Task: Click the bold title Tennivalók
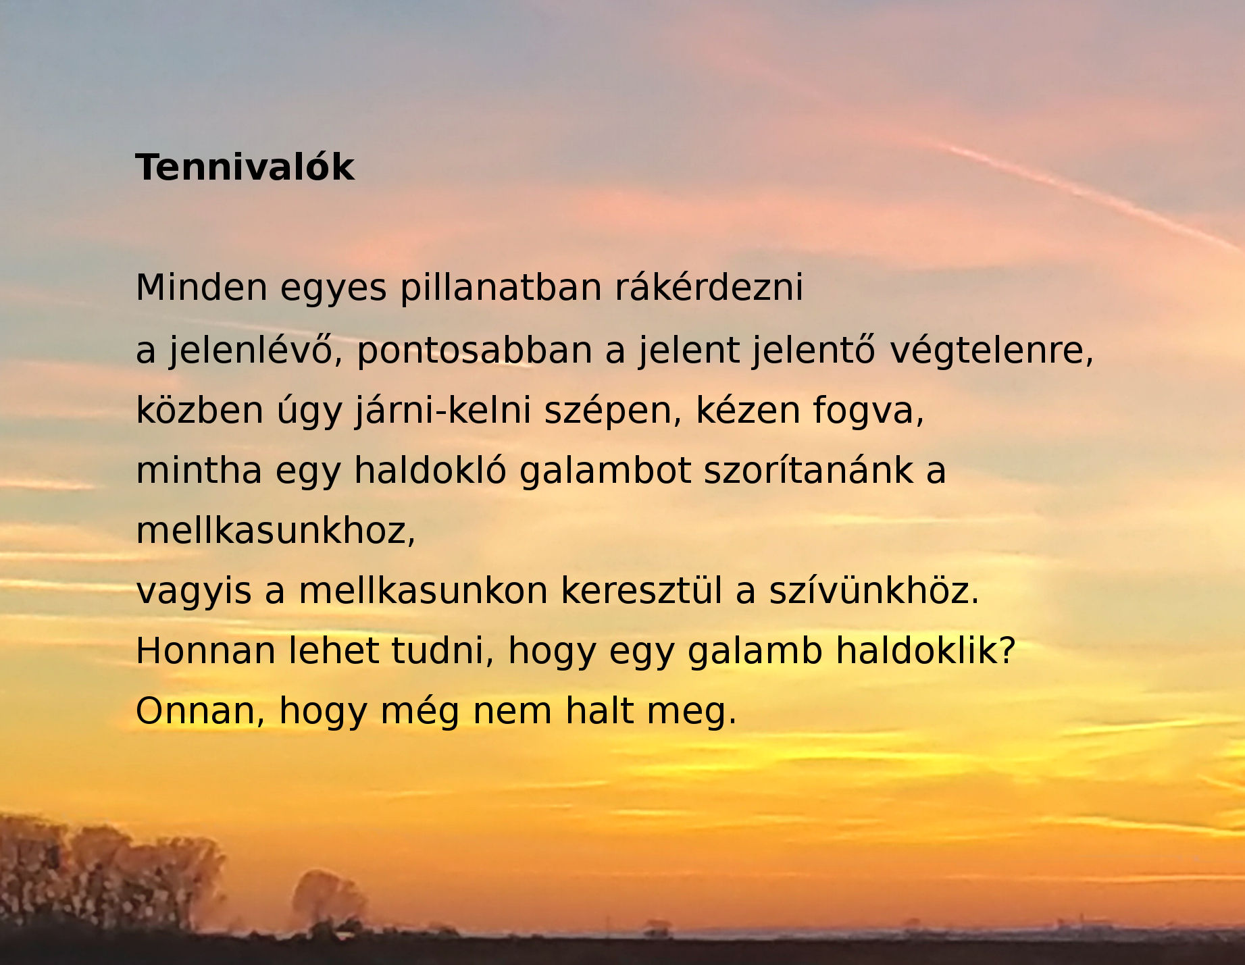point(245,167)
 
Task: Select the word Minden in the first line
point(201,287)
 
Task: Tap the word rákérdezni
point(709,287)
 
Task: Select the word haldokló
point(430,470)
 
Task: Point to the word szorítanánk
point(809,470)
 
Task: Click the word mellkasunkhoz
point(275,531)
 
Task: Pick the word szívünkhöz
point(873,590)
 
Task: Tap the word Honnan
point(205,651)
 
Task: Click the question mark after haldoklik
point(1008,651)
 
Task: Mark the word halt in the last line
point(599,711)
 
